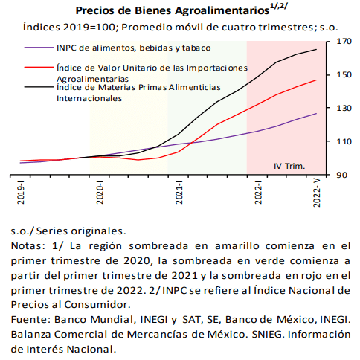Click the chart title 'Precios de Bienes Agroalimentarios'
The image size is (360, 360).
tap(173, 11)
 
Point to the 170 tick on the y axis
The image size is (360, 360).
tap(344, 41)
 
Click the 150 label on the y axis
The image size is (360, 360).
tap(344, 74)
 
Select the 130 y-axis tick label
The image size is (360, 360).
tap(344, 108)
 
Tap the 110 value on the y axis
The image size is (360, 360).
tap(344, 141)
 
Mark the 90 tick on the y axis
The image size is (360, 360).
tap(341, 175)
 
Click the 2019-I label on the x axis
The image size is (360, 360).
tap(21, 193)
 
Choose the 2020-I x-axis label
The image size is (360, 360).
tap(100, 193)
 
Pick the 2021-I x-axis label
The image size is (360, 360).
tap(179, 193)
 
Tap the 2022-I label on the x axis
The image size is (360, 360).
tap(258, 193)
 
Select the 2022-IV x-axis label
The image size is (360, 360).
tap(317, 193)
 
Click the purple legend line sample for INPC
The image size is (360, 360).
tap(39, 48)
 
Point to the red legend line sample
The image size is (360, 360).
tap(39, 67)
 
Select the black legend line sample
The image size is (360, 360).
tap(39, 87)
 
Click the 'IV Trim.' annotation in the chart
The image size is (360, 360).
tap(289, 166)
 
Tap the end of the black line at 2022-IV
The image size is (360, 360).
tap(316, 49)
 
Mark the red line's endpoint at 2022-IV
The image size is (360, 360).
tap(316, 80)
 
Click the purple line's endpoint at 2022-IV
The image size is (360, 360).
tap(316, 114)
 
